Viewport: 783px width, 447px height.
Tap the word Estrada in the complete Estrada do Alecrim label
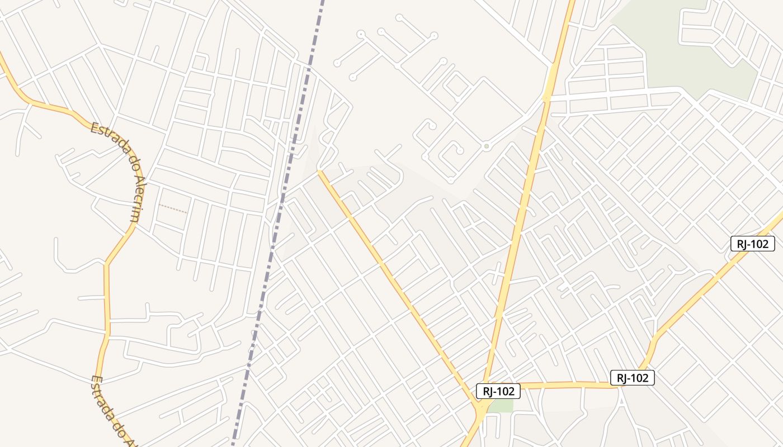pyautogui.click(x=107, y=135)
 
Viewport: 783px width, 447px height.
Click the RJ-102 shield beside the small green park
pyautogui.click(x=498, y=391)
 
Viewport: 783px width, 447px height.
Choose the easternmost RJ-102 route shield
pyautogui.click(x=752, y=244)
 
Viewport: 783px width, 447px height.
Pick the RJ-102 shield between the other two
pyautogui.click(x=632, y=378)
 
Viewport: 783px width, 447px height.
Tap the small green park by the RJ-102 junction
pyautogui.click(x=502, y=406)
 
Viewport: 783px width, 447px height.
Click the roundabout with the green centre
pyautogui.click(x=487, y=146)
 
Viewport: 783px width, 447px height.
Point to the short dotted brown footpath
pyautogui.click(x=172, y=208)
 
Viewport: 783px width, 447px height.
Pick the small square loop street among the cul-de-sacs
pyautogui.click(x=457, y=87)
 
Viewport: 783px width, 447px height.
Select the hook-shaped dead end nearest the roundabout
pyautogui.click(x=459, y=150)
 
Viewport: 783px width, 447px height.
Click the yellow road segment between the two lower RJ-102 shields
pyautogui.click(x=565, y=385)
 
